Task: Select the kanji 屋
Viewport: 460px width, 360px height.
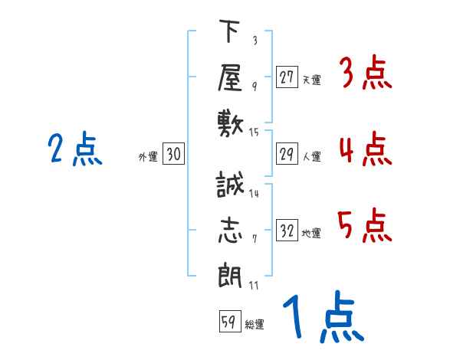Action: point(230,77)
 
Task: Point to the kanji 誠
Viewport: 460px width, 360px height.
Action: point(230,186)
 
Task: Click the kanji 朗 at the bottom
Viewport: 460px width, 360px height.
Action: point(230,276)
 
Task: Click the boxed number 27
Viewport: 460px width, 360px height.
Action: point(287,77)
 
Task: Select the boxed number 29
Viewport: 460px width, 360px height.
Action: point(287,154)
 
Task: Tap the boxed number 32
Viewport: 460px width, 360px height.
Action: point(287,231)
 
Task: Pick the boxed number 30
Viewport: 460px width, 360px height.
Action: point(173,154)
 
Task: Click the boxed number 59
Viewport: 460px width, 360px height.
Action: point(228,322)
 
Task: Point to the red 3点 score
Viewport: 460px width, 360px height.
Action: point(365,75)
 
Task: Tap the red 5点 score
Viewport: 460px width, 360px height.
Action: point(365,225)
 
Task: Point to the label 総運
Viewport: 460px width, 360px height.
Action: point(254,325)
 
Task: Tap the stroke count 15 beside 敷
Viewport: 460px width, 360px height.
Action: point(255,133)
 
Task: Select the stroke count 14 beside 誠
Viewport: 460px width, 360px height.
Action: point(254,194)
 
